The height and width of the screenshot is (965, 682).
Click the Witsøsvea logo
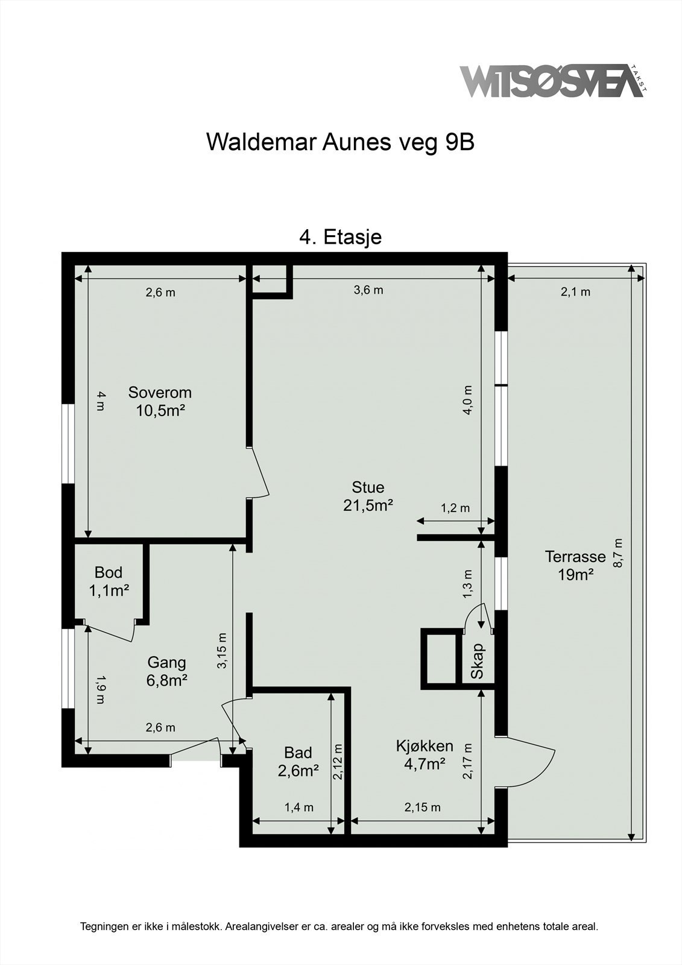coord(553,81)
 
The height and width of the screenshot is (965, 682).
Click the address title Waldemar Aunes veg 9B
coord(340,142)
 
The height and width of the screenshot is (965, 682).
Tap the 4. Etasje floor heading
coord(340,238)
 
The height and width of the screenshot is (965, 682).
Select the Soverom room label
coord(160,393)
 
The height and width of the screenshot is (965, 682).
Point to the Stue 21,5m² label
coord(368,496)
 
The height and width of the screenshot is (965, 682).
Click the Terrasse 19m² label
coord(575,565)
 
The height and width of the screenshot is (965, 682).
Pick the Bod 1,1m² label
coord(109,581)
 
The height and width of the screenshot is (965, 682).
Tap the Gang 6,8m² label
coord(166,672)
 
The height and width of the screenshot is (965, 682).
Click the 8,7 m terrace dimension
coord(618,553)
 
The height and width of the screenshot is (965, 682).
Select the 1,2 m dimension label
coord(455,508)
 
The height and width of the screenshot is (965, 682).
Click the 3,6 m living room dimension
coord(368,290)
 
